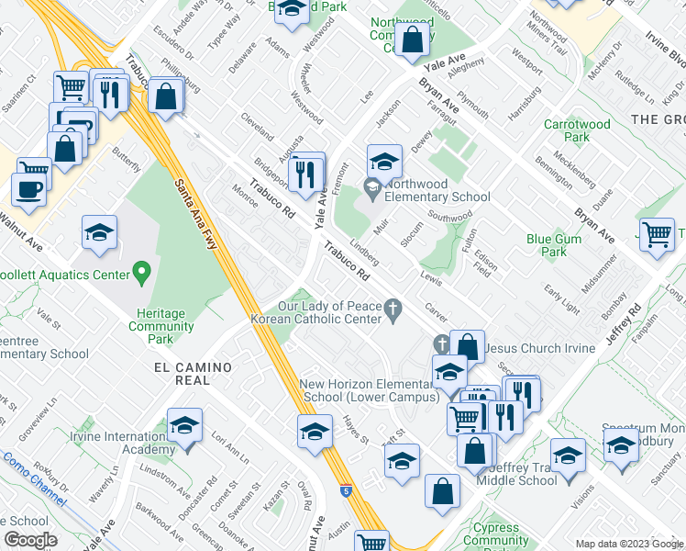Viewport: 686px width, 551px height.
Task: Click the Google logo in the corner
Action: coord(30,540)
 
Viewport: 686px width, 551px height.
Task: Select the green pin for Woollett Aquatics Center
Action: coord(140,272)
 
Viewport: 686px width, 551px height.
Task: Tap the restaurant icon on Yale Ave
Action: coord(306,172)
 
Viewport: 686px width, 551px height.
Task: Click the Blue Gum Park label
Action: coord(547,245)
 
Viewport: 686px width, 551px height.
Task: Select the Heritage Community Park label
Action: coord(160,326)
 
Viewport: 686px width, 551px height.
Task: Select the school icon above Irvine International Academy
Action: coord(185,424)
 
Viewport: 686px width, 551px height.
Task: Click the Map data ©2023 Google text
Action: coord(628,544)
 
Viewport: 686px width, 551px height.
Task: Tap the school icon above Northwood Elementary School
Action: coord(384,162)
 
